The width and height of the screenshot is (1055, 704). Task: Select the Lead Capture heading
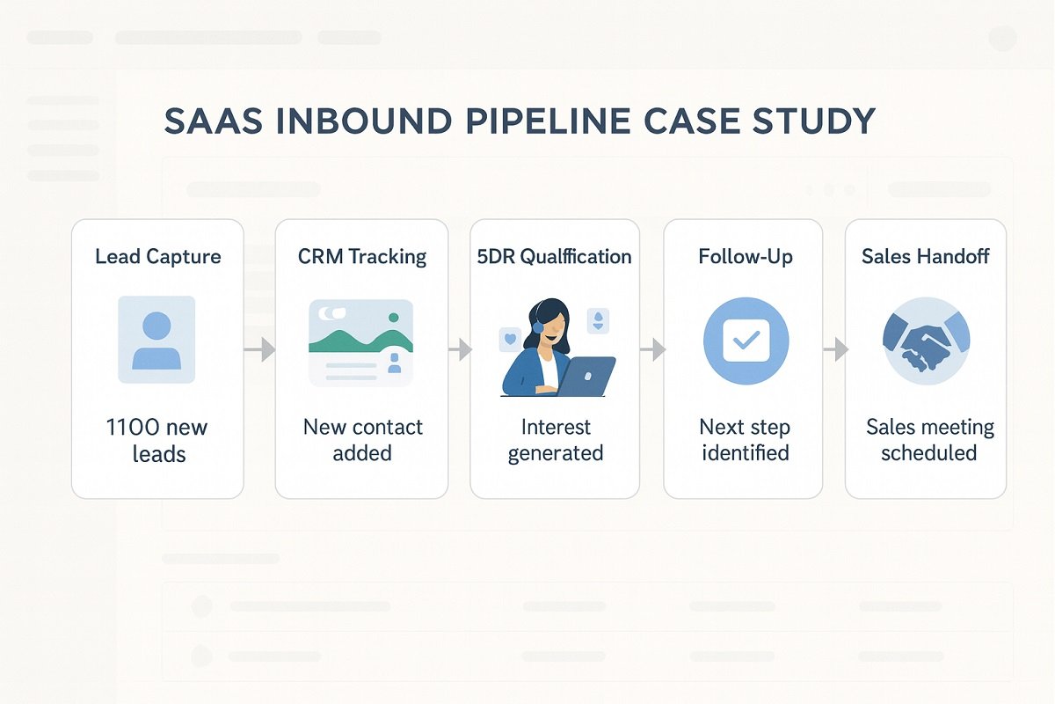click(158, 257)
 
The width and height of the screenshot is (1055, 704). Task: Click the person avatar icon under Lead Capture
click(157, 339)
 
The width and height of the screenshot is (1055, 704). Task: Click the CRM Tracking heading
click(362, 257)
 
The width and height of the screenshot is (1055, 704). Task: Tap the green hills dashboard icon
click(361, 342)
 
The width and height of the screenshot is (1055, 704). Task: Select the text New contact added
click(362, 440)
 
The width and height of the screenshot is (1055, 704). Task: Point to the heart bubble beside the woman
click(509, 337)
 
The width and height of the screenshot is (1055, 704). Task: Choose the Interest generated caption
click(556, 440)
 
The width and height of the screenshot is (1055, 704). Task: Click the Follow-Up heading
click(746, 257)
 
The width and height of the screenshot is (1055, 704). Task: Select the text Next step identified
click(746, 440)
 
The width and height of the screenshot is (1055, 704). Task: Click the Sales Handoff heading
click(926, 257)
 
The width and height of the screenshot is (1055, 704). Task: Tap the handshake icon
click(926, 340)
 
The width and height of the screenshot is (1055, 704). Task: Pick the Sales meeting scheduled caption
click(929, 440)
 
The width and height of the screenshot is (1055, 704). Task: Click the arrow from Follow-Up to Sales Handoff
click(835, 350)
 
